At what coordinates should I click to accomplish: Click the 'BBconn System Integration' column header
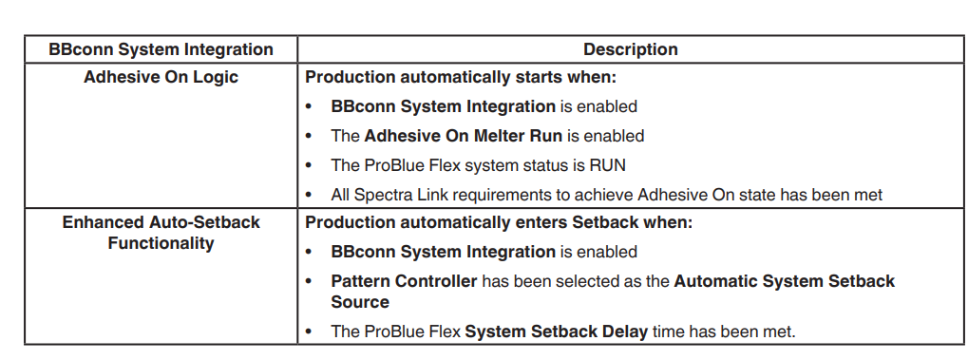pos(161,49)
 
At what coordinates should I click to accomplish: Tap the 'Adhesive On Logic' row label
pos(161,78)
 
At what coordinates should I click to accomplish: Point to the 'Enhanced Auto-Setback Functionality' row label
pos(161,233)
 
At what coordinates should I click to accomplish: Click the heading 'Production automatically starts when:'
pos(461,78)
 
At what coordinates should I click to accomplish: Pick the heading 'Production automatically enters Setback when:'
pos(499,223)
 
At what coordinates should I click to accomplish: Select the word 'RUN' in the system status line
pos(608,165)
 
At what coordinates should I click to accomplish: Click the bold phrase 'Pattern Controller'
pos(404,281)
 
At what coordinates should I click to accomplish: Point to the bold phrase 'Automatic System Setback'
pos(785,281)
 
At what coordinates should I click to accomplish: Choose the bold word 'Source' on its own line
pos(360,302)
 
